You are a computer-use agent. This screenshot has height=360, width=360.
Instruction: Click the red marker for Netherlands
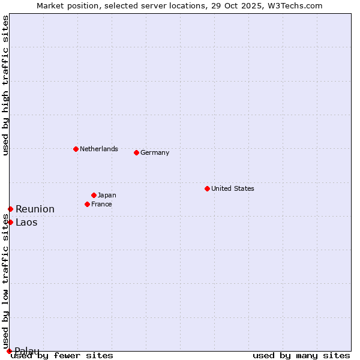pyautogui.click(x=76, y=149)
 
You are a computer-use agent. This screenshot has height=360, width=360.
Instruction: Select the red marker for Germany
pyautogui.click(x=136, y=152)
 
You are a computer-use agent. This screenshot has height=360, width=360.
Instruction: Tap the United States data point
pyautogui.click(x=207, y=188)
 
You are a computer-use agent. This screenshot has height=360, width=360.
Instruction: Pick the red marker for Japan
pyautogui.click(x=94, y=195)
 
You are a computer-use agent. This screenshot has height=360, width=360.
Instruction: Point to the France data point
pyautogui.click(x=87, y=204)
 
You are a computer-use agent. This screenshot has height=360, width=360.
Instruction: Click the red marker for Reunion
pyautogui.click(x=10, y=209)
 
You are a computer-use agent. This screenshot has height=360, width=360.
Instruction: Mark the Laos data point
pyautogui.click(x=10, y=222)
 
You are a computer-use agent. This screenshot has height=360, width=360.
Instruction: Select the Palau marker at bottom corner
pyautogui.click(x=9, y=351)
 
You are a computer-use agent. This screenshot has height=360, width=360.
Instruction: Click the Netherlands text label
pyautogui.click(x=98, y=149)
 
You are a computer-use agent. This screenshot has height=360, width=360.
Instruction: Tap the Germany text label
pyautogui.click(x=155, y=152)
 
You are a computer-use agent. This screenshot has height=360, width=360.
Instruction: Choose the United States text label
pyautogui.click(x=232, y=188)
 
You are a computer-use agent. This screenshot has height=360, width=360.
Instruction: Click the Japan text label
pyautogui.click(x=107, y=195)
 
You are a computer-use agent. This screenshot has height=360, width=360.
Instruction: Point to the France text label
pyautogui.click(x=101, y=204)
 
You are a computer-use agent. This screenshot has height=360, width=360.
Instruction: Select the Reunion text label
pyautogui.click(x=35, y=209)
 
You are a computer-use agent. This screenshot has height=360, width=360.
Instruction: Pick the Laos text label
pyautogui.click(x=26, y=222)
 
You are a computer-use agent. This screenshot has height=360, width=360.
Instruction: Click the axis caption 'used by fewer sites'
pyautogui.click(x=62, y=355)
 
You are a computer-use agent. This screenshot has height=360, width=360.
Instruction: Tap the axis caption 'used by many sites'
pyautogui.click(x=301, y=355)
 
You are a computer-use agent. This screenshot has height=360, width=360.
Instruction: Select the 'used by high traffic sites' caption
pyautogui.click(x=5, y=85)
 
